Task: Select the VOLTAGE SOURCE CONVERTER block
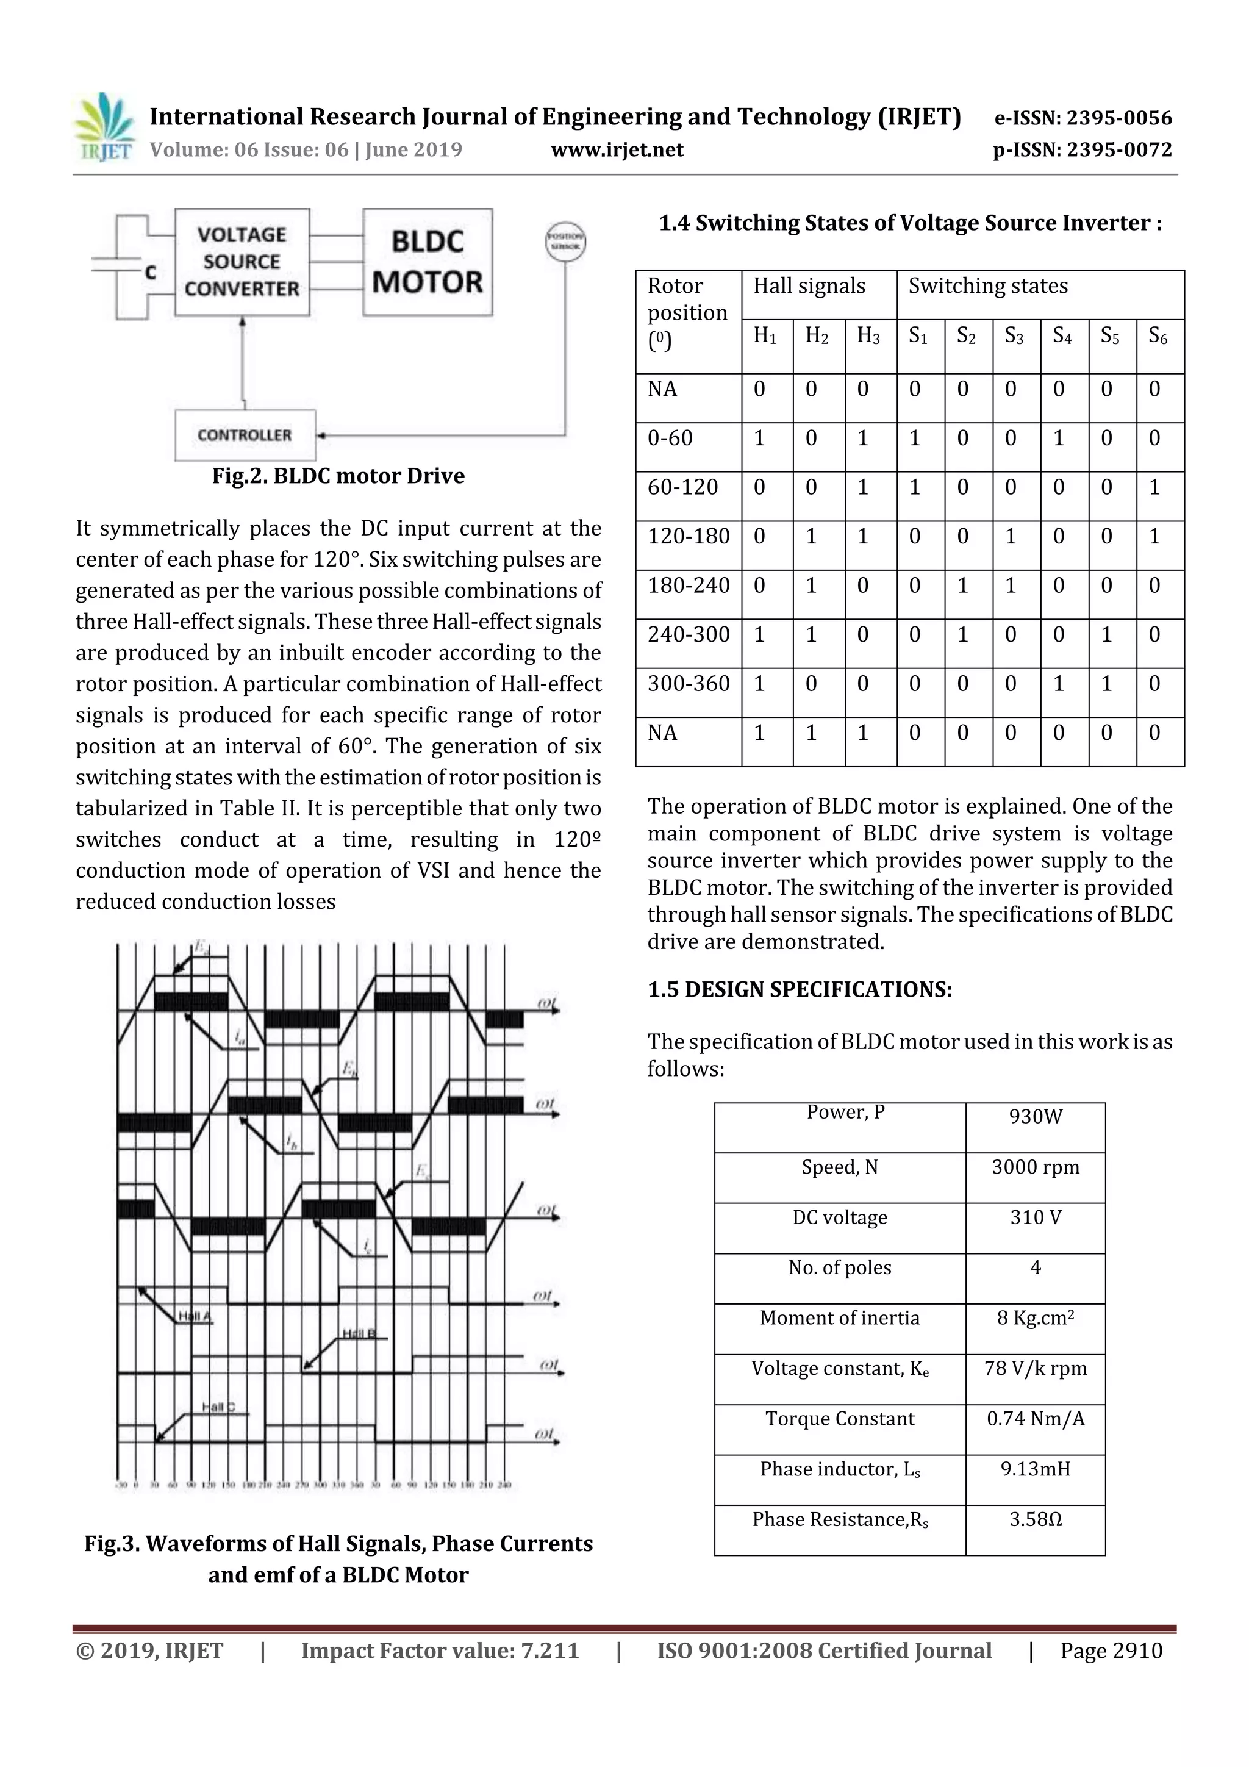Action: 242,262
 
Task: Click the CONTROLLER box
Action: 245,435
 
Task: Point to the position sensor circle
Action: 565,242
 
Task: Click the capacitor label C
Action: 151,273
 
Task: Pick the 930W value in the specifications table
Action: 1035,1117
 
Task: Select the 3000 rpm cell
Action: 1035,1167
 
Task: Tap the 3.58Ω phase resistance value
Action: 1035,1520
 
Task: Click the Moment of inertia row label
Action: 840,1318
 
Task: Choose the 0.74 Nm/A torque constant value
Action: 1035,1419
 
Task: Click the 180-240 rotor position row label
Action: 688,586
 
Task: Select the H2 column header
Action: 817,335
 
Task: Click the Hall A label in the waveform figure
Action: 195,1317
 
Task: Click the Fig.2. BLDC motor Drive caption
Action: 338,476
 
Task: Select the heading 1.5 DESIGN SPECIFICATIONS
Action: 800,990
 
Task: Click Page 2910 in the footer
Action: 1111,1651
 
